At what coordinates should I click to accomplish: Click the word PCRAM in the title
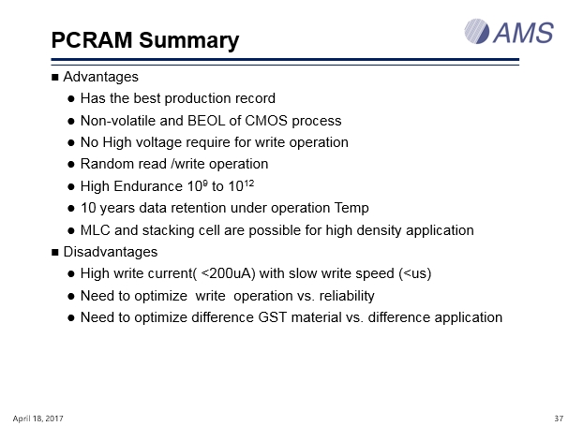click(92, 40)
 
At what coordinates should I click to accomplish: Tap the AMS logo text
click(523, 33)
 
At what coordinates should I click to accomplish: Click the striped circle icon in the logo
click(477, 32)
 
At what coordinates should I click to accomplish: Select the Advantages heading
click(100, 77)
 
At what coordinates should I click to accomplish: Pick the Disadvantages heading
click(111, 252)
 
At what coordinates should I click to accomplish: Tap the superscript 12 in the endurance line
click(249, 184)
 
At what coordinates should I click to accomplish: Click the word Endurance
click(148, 186)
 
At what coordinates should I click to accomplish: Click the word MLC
click(96, 230)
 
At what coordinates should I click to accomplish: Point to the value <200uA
click(228, 273)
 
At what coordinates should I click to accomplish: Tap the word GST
click(273, 317)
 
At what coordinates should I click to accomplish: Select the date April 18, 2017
click(38, 419)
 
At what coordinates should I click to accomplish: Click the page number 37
click(559, 419)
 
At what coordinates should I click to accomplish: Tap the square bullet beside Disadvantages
click(55, 252)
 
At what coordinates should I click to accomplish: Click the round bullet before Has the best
click(71, 99)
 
